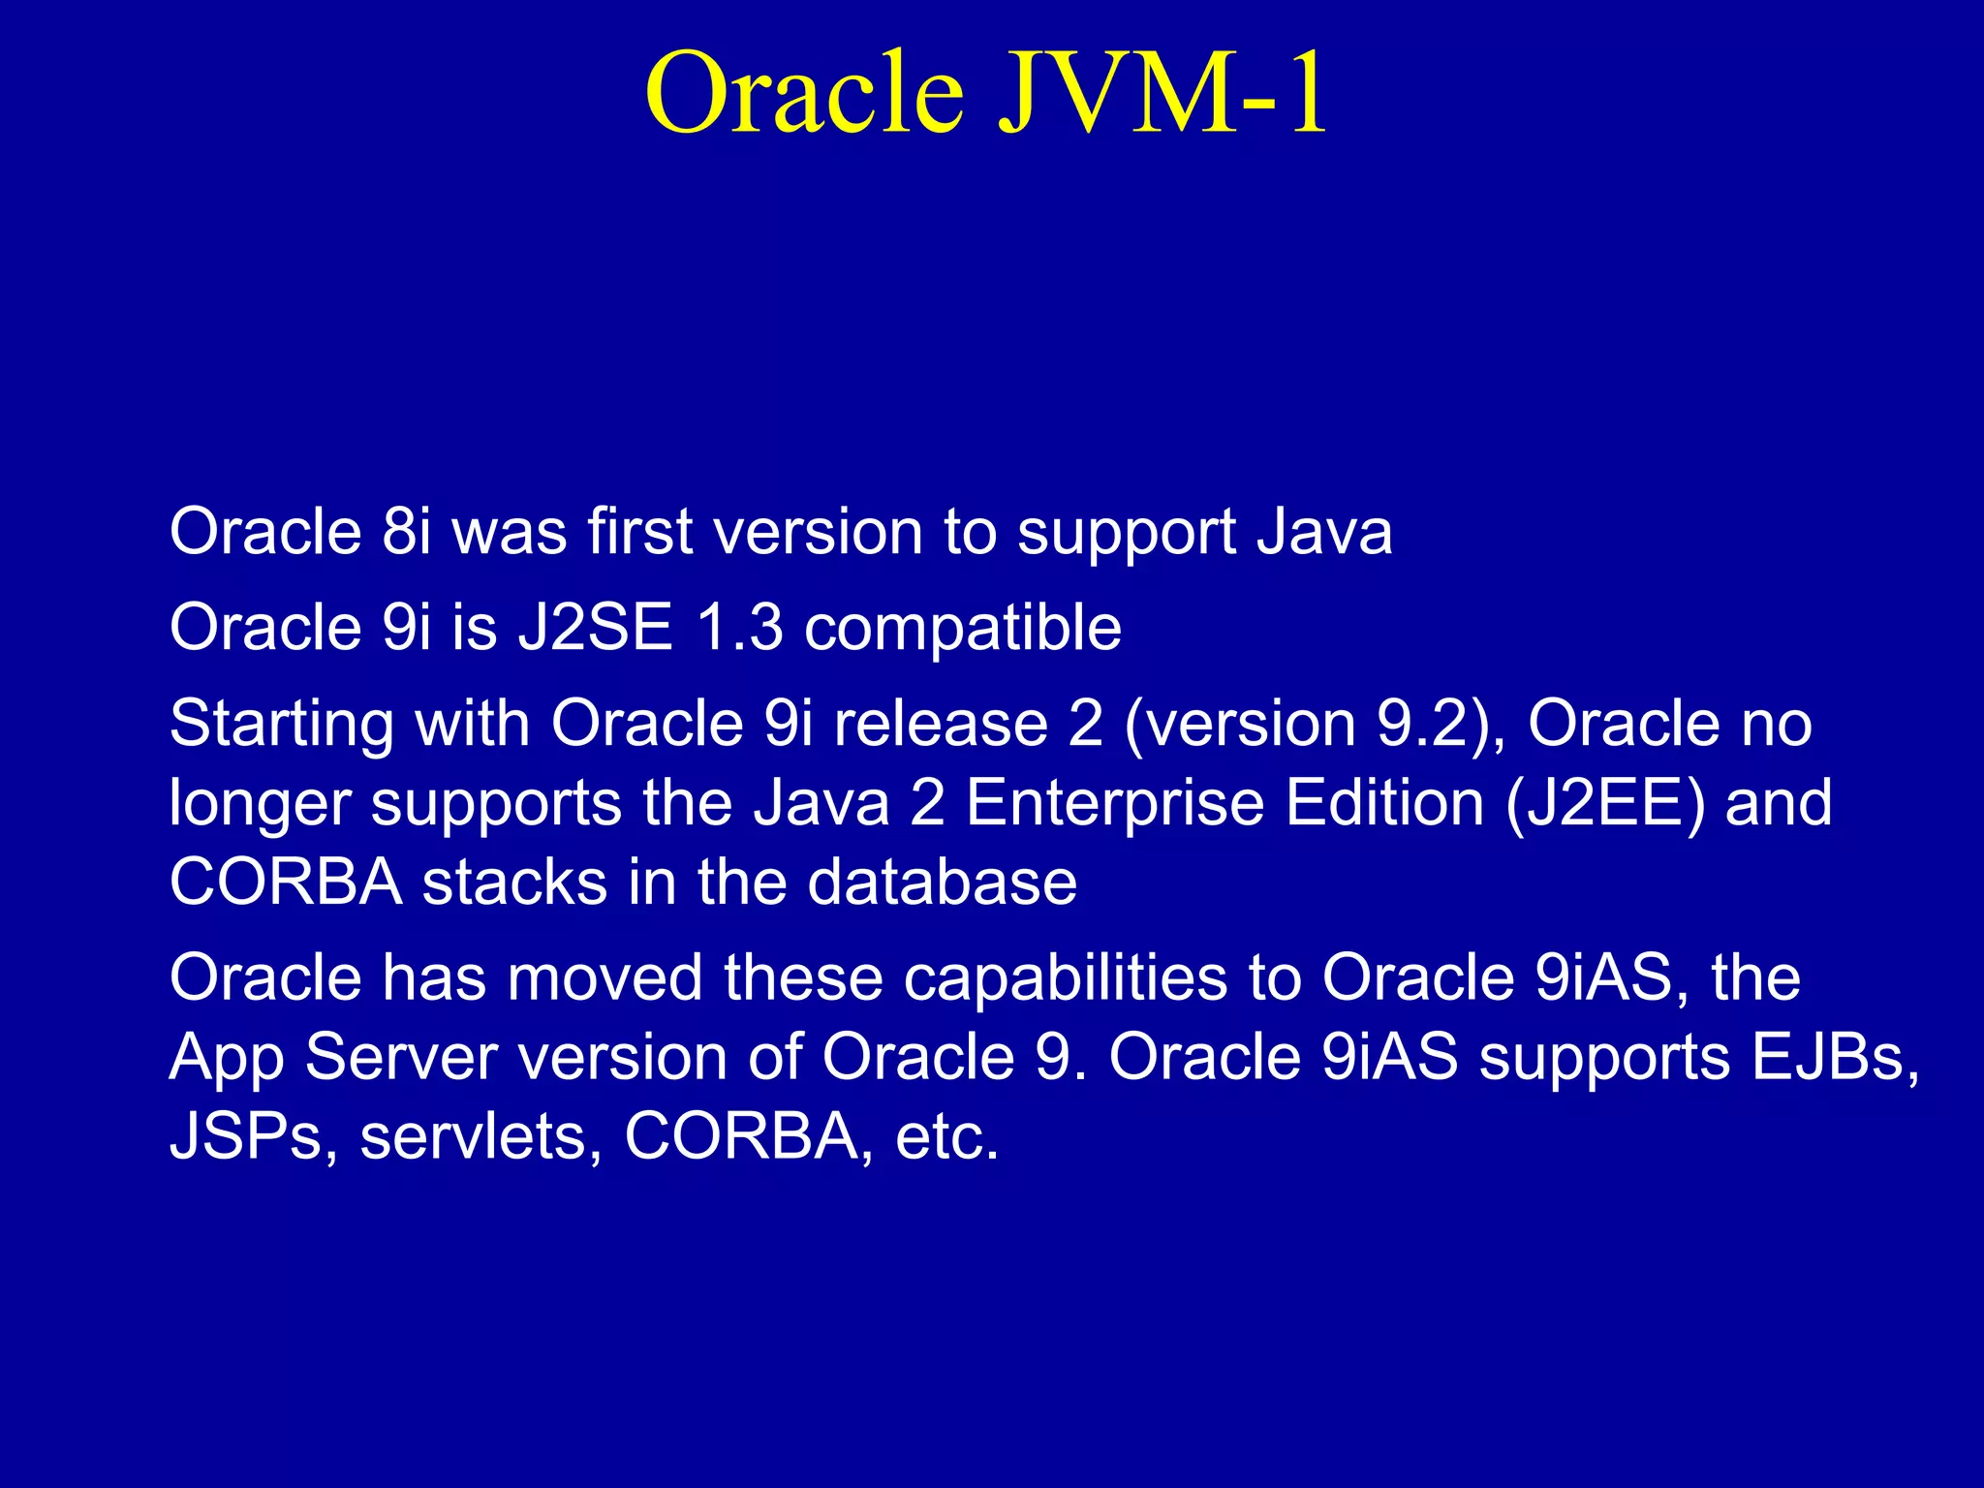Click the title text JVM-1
(1162, 94)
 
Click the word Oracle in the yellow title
(804, 94)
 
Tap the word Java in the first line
(1324, 532)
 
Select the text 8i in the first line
(406, 532)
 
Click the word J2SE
(595, 627)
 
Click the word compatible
(963, 629)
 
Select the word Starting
(281, 725)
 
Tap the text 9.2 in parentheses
(1423, 724)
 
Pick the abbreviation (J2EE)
(1604, 804)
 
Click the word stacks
(513, 883)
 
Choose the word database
(942, 883)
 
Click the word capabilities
(1066, 978)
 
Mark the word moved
(604, 977)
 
